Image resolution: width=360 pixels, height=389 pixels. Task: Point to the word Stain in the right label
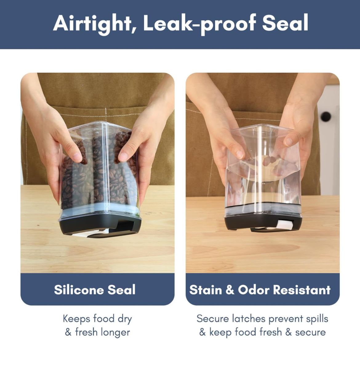pyautogui.click(x=206, y=290)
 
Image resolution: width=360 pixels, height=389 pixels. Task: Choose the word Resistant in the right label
pyautogui.click(x=302, y=290)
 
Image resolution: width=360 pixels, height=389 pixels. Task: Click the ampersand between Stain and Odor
pyautogui.click(x=230, y=290)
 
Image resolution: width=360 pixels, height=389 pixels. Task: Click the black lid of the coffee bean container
pyautogui.click(x=100, y=226)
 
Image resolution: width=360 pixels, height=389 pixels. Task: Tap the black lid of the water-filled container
pyautogui.click(x=262, y=222)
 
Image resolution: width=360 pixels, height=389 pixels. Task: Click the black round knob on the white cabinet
pyautogui.click(x=326, y=117)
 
